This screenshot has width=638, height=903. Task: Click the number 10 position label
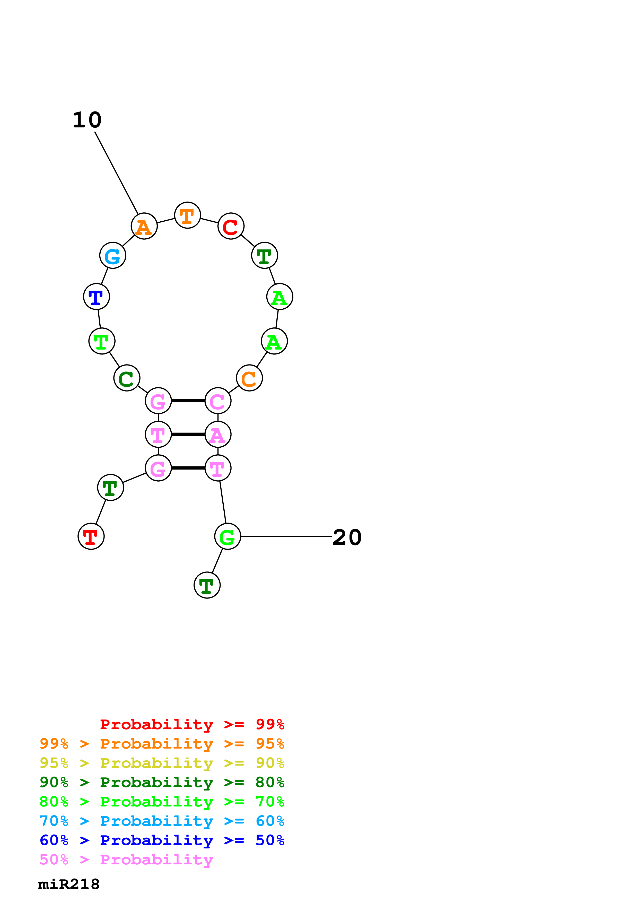click(87, 120)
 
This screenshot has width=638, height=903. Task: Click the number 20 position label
click(347, 537)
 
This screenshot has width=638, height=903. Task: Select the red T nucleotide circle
click(91, 536)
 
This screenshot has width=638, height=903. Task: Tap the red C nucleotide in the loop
click(231, 226)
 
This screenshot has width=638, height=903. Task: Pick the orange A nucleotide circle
click(144, 226)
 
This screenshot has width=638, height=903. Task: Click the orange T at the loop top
click(188, 215)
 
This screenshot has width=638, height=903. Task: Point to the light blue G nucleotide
click(113, 256)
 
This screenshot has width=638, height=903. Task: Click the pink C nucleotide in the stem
click(218, 401)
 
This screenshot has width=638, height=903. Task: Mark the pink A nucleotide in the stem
click(218, 435)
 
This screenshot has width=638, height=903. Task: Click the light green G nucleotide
click(227, 536)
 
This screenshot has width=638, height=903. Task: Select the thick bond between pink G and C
click(188, 401)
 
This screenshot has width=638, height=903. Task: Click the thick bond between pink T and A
click(188, 435)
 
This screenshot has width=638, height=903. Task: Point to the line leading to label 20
click(286, 536)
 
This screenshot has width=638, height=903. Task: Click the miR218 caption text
click(69, 884)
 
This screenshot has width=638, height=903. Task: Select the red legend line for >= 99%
click(192, 724)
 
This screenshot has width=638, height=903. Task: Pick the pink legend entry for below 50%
click(126, 860)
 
